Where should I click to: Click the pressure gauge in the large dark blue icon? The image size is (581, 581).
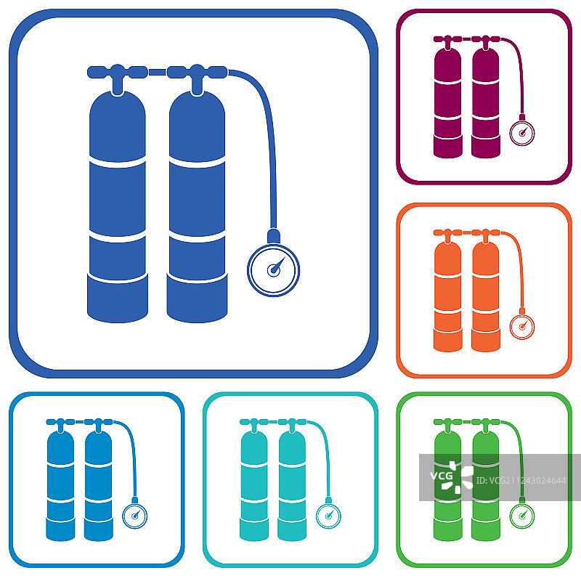coord(274,270)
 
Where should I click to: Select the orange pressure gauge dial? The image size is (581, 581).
coord(522,327)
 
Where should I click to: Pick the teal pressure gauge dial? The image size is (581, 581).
coord(328,516)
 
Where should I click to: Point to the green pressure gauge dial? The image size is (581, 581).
coord(522,516)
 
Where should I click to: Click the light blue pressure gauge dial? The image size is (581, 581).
coord(135,516)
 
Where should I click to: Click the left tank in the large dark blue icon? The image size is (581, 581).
coord(118,207)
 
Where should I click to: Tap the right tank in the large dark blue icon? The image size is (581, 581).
coord(197,207)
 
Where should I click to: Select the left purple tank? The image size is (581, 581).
coord(448,102)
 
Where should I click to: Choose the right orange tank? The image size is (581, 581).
coord(486,296)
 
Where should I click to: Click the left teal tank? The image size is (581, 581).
coord(254,486)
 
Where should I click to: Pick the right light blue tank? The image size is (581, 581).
coord(99,486)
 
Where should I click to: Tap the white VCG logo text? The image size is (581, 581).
coord(441,476)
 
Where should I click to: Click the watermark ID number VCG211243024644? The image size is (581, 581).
coord(521,481)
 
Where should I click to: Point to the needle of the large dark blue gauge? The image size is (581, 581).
coord(278,265)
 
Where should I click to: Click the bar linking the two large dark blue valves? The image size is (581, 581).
coord(157,72)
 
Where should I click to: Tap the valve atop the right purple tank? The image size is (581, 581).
coord(486,43)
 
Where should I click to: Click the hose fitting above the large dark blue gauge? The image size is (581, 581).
coord(274,236)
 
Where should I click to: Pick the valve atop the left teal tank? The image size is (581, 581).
coord(254,426)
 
